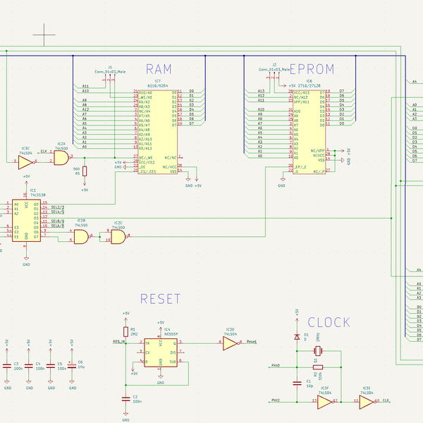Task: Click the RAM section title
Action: coord(159,69)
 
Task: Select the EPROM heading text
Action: coord(312,69)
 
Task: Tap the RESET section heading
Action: coord(160,299)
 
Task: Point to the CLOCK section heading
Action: coord(329,322)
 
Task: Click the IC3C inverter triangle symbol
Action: coord(25,163)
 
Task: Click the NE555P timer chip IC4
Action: coord(161,350)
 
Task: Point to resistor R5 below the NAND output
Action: coord(85,171)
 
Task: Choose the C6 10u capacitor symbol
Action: coord(71,366)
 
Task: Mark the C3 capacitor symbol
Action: coord(8,366)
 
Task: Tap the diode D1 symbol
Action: coord(296,338)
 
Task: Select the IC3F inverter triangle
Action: coord(324,402)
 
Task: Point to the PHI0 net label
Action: coord(276,366)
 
